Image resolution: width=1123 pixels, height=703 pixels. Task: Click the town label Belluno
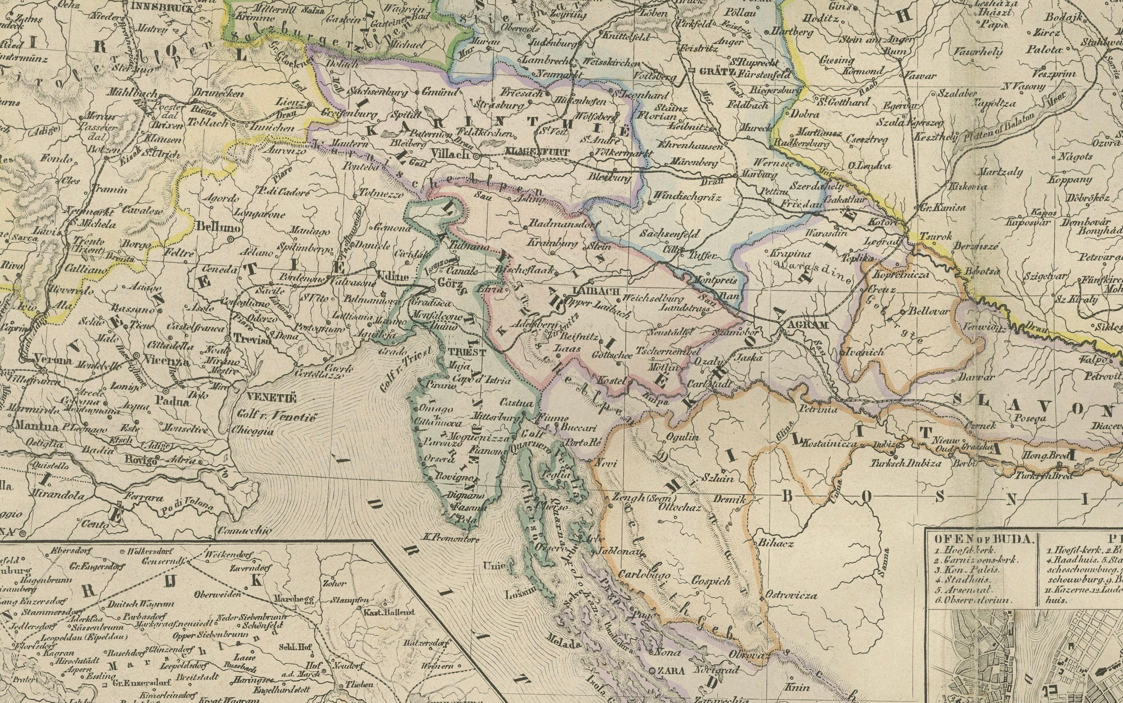(x=218, y=227)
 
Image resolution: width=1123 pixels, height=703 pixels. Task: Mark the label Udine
(x=394, y=277)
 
